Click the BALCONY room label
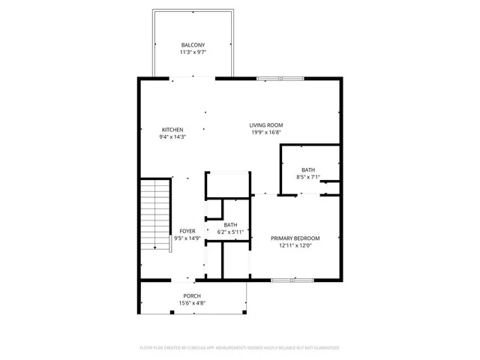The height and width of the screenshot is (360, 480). (192, 45)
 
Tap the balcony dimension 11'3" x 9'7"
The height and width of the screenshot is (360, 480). (192, 53)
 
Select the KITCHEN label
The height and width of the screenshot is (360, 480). (172, 129)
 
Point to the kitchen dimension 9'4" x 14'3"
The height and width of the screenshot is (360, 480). (172, 137)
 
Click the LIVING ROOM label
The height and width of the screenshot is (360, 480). (266, 124)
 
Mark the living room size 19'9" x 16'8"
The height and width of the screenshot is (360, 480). (266, 133)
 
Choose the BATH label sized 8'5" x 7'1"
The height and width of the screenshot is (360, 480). (308, 169)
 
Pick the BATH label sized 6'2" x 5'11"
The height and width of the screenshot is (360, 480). (230, 225)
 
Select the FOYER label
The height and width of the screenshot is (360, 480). (187, 231)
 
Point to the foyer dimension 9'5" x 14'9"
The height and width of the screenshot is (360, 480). (187, 238)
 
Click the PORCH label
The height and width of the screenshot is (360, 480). (192, 295)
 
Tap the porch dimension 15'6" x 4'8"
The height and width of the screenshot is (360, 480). (192, 303)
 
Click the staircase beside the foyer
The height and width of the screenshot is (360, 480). (155, 214)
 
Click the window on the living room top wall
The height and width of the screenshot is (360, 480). (280, 78)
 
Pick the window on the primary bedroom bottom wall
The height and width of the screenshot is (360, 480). (290, 280)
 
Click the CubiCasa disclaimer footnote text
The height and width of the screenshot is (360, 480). (239, 348)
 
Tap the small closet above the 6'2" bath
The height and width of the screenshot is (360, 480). (227, 184)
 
